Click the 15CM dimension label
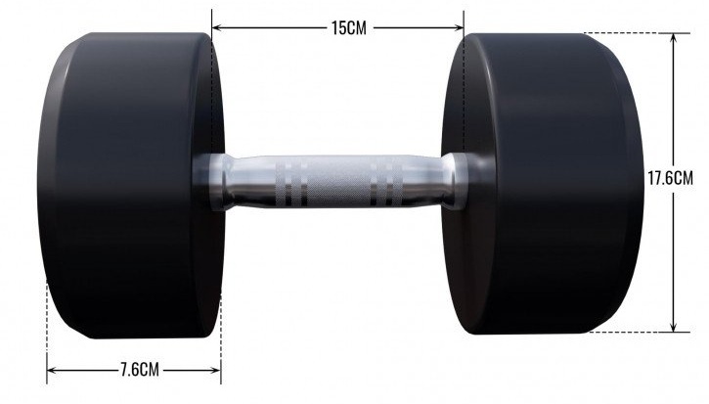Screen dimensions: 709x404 [x=348, y=28]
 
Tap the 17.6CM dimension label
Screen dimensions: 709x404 [x=671, y=178]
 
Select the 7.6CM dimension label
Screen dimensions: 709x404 [x=140, y=370]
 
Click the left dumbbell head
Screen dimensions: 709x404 [x=131, y=186]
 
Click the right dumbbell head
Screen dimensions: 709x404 [x=543, y=184]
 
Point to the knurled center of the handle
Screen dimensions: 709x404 [x=338, y=181]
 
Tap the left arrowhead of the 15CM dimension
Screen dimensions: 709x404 [x=216, y=27]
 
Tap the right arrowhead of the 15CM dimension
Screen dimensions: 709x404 [x=459, y=27]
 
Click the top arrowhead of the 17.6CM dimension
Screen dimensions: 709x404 [x=674, y=37]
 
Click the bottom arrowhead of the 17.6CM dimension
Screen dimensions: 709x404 [x=674, y=328]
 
